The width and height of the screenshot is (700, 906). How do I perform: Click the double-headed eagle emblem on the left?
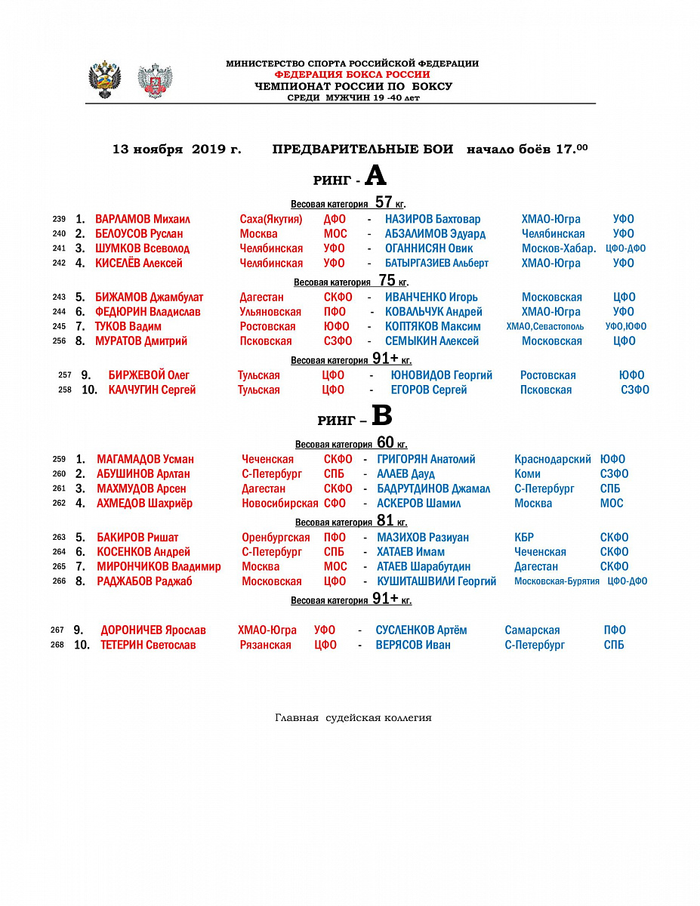click(105, 79)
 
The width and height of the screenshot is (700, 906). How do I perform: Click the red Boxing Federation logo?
click(155, 80)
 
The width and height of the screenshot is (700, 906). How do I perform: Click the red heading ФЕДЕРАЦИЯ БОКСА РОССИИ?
click(352, 75)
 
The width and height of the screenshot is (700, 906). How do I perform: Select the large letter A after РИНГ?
click(375, 177)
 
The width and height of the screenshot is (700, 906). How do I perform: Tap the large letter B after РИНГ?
click(382, 416)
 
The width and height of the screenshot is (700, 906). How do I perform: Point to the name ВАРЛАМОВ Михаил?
click(142, 219)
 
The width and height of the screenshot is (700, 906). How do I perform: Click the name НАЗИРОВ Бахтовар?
click(432, 219)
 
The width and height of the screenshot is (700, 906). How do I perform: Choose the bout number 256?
click(60, 341)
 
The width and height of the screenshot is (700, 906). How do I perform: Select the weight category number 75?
click(387, 280)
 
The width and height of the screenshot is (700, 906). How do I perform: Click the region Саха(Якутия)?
click(271, 219)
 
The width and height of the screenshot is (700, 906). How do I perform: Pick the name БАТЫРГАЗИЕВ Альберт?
click(436, 263)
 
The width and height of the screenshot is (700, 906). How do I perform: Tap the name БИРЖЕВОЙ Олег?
click(149, 375)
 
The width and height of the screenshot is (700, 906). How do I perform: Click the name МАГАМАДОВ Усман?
click(145, 459)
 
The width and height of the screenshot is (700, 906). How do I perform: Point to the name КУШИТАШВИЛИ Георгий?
click(436, 581)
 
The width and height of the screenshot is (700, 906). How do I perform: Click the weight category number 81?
click(385, 520)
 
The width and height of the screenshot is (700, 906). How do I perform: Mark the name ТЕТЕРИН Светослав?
click(148, 645)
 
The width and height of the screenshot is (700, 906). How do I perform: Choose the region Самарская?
click(532, 630)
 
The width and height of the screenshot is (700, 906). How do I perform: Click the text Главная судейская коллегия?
click(353, 718)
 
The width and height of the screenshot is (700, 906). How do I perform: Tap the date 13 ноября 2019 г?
click(177, 149)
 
